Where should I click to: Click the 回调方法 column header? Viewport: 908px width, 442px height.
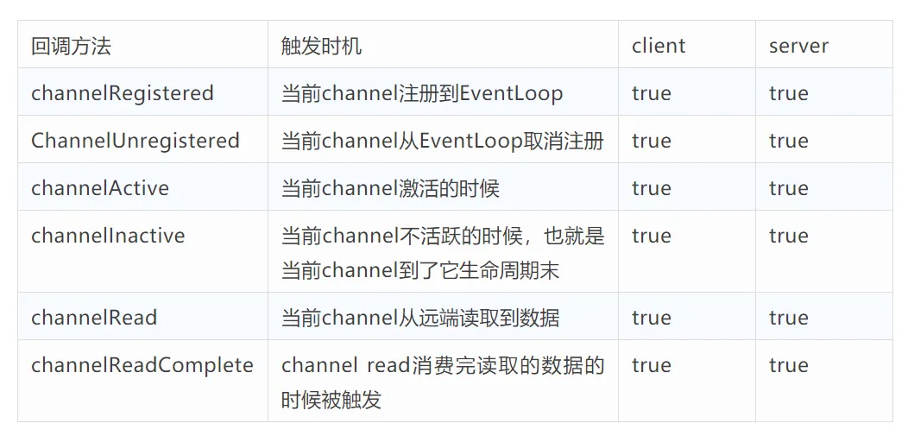[x=71, y=46]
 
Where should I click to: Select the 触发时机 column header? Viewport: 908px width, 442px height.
[x=321, y=46]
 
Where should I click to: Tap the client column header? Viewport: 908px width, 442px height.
[x=659, y=46]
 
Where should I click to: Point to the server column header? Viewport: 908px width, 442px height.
[x=798, y=46]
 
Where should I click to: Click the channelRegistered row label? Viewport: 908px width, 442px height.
[x=123, y=93]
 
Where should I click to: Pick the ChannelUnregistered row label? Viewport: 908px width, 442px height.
[x=136, y=141]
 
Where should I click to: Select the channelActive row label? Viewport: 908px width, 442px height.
[x=100, y=188]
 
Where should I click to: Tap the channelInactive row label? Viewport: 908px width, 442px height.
[x=108, y=236]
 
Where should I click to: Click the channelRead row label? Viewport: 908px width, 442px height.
[x=94, y=318]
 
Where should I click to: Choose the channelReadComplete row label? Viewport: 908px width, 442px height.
[x=142, y=365]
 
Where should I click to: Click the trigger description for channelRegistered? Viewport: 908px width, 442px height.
[x=422, y=93]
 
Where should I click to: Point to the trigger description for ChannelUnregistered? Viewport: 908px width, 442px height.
[x=443, y=141]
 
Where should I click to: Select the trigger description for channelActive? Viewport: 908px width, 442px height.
[x=390, y=188]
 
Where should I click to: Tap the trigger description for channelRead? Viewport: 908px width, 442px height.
[x=420, y=318]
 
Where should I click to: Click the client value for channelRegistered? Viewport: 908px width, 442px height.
[x=651, y=93]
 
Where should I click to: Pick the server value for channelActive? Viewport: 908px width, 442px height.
[x=788, y=188]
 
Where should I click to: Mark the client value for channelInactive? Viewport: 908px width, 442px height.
[x=651, y=236]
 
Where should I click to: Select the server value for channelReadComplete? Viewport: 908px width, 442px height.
[x=788, y=365]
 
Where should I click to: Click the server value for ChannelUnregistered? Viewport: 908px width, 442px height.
[x=788, y=141]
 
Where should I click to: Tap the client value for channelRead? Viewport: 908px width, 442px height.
[x=651, y=318]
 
